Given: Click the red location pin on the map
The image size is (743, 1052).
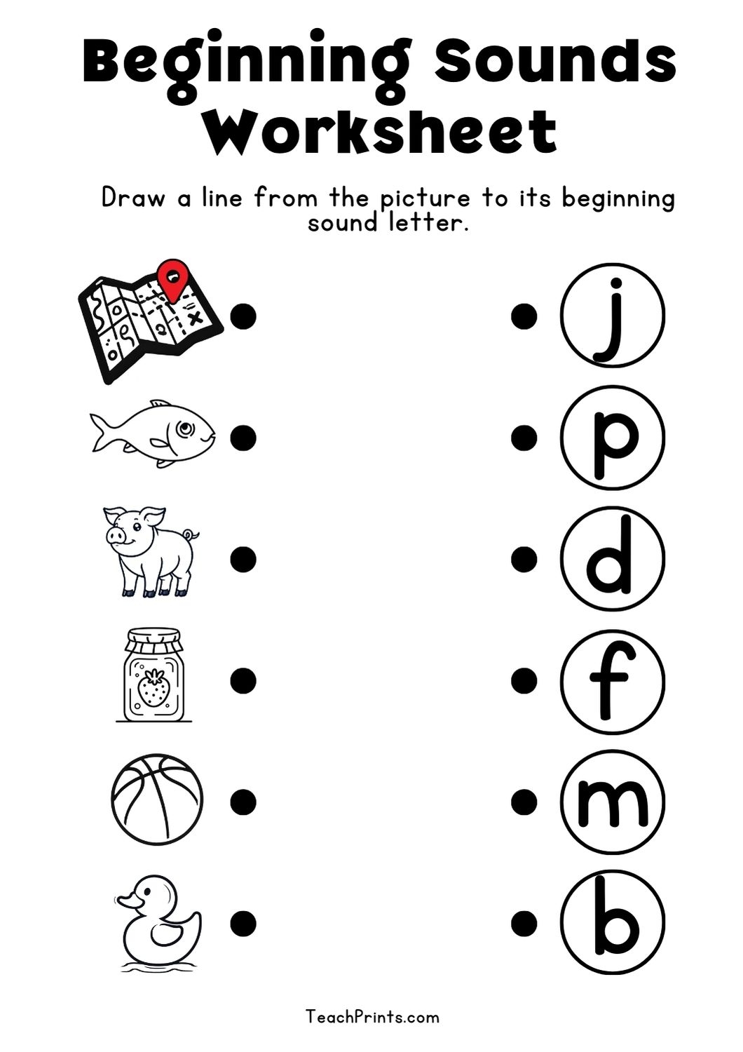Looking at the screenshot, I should pyautogui.click(x=172, y=278).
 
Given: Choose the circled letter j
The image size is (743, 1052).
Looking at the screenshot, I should pyautogui.click(x=612, y=316).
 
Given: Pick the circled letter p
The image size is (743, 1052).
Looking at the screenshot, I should pyautogui.click(x=612, y=437).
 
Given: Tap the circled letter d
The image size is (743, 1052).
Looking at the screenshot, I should pyautogui.click(x=612, y=559).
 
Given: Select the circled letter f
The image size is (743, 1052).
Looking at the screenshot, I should pyautogui.click(x=612, y=680).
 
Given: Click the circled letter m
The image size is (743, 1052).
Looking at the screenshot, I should pyautogui.click(x=612, y=801).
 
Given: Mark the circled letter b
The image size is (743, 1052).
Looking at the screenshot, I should pyautogui.click(x=612, y=922).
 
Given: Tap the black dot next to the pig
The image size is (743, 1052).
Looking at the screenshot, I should pyautogui.click(x=243, y=559).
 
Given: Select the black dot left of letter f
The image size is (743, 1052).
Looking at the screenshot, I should pyautogui.click(x=524, y=680).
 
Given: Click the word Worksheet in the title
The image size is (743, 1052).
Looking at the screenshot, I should pyautogui.click(x=381, y=132).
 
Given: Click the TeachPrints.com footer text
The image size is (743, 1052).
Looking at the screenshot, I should pyautogui.click(x=372, y=1016).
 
